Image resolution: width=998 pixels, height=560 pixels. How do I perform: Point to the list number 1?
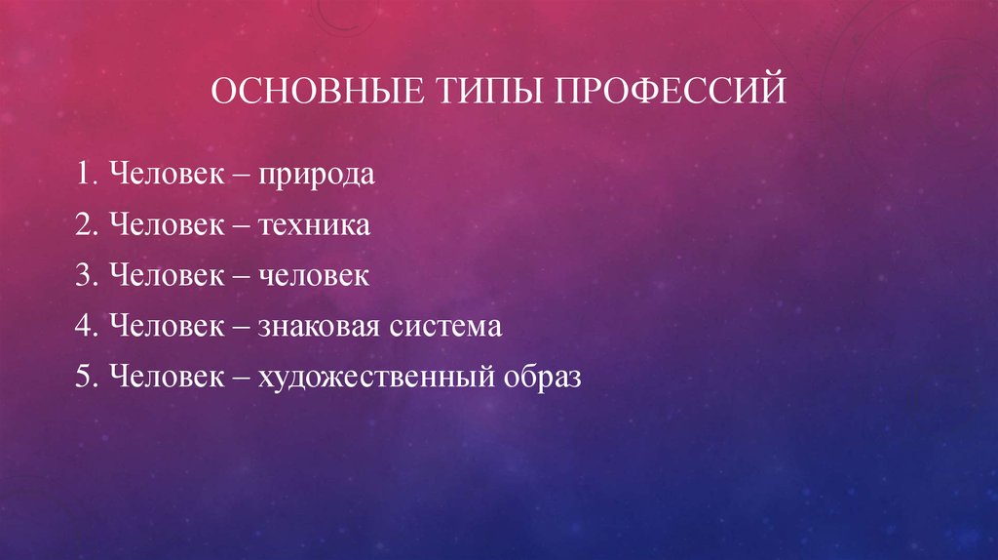81,177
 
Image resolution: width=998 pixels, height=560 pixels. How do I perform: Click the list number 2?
81,226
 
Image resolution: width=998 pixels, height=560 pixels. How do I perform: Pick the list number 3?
81,277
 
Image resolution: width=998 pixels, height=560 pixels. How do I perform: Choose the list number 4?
81,327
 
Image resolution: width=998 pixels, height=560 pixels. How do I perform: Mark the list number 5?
81,377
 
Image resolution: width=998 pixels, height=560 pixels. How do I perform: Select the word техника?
314,226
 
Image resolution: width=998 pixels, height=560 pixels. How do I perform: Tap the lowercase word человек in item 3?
314,277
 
